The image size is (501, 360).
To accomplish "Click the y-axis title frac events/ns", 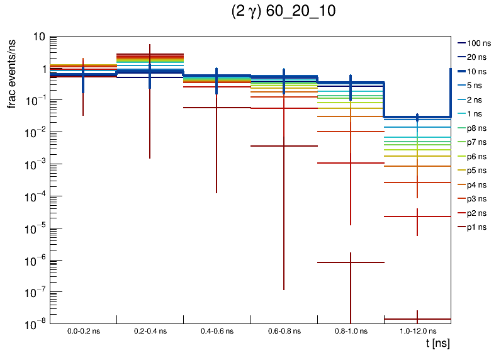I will pyautogui.click(x=12, y=72).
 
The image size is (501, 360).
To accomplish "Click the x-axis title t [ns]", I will pyautogui.click(x=437, y=344).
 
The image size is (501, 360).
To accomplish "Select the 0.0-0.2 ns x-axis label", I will pyautogui.click(x=83, y=330).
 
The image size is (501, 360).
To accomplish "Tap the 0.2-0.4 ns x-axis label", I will pyautogui.click(x=150, y=330).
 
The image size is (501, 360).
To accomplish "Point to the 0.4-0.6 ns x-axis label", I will pyautogui.click(x=217, y=330).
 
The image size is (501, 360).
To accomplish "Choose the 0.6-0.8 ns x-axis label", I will pyautogui.click(x=284, y=330).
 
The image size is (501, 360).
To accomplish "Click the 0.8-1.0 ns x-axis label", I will pyautogui.click(x=351, y=330).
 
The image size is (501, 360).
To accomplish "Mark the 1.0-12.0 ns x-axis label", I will pyautogui.click(x=417, y=330).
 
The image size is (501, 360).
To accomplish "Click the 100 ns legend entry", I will pyautogui.click(x=481, y=43).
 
